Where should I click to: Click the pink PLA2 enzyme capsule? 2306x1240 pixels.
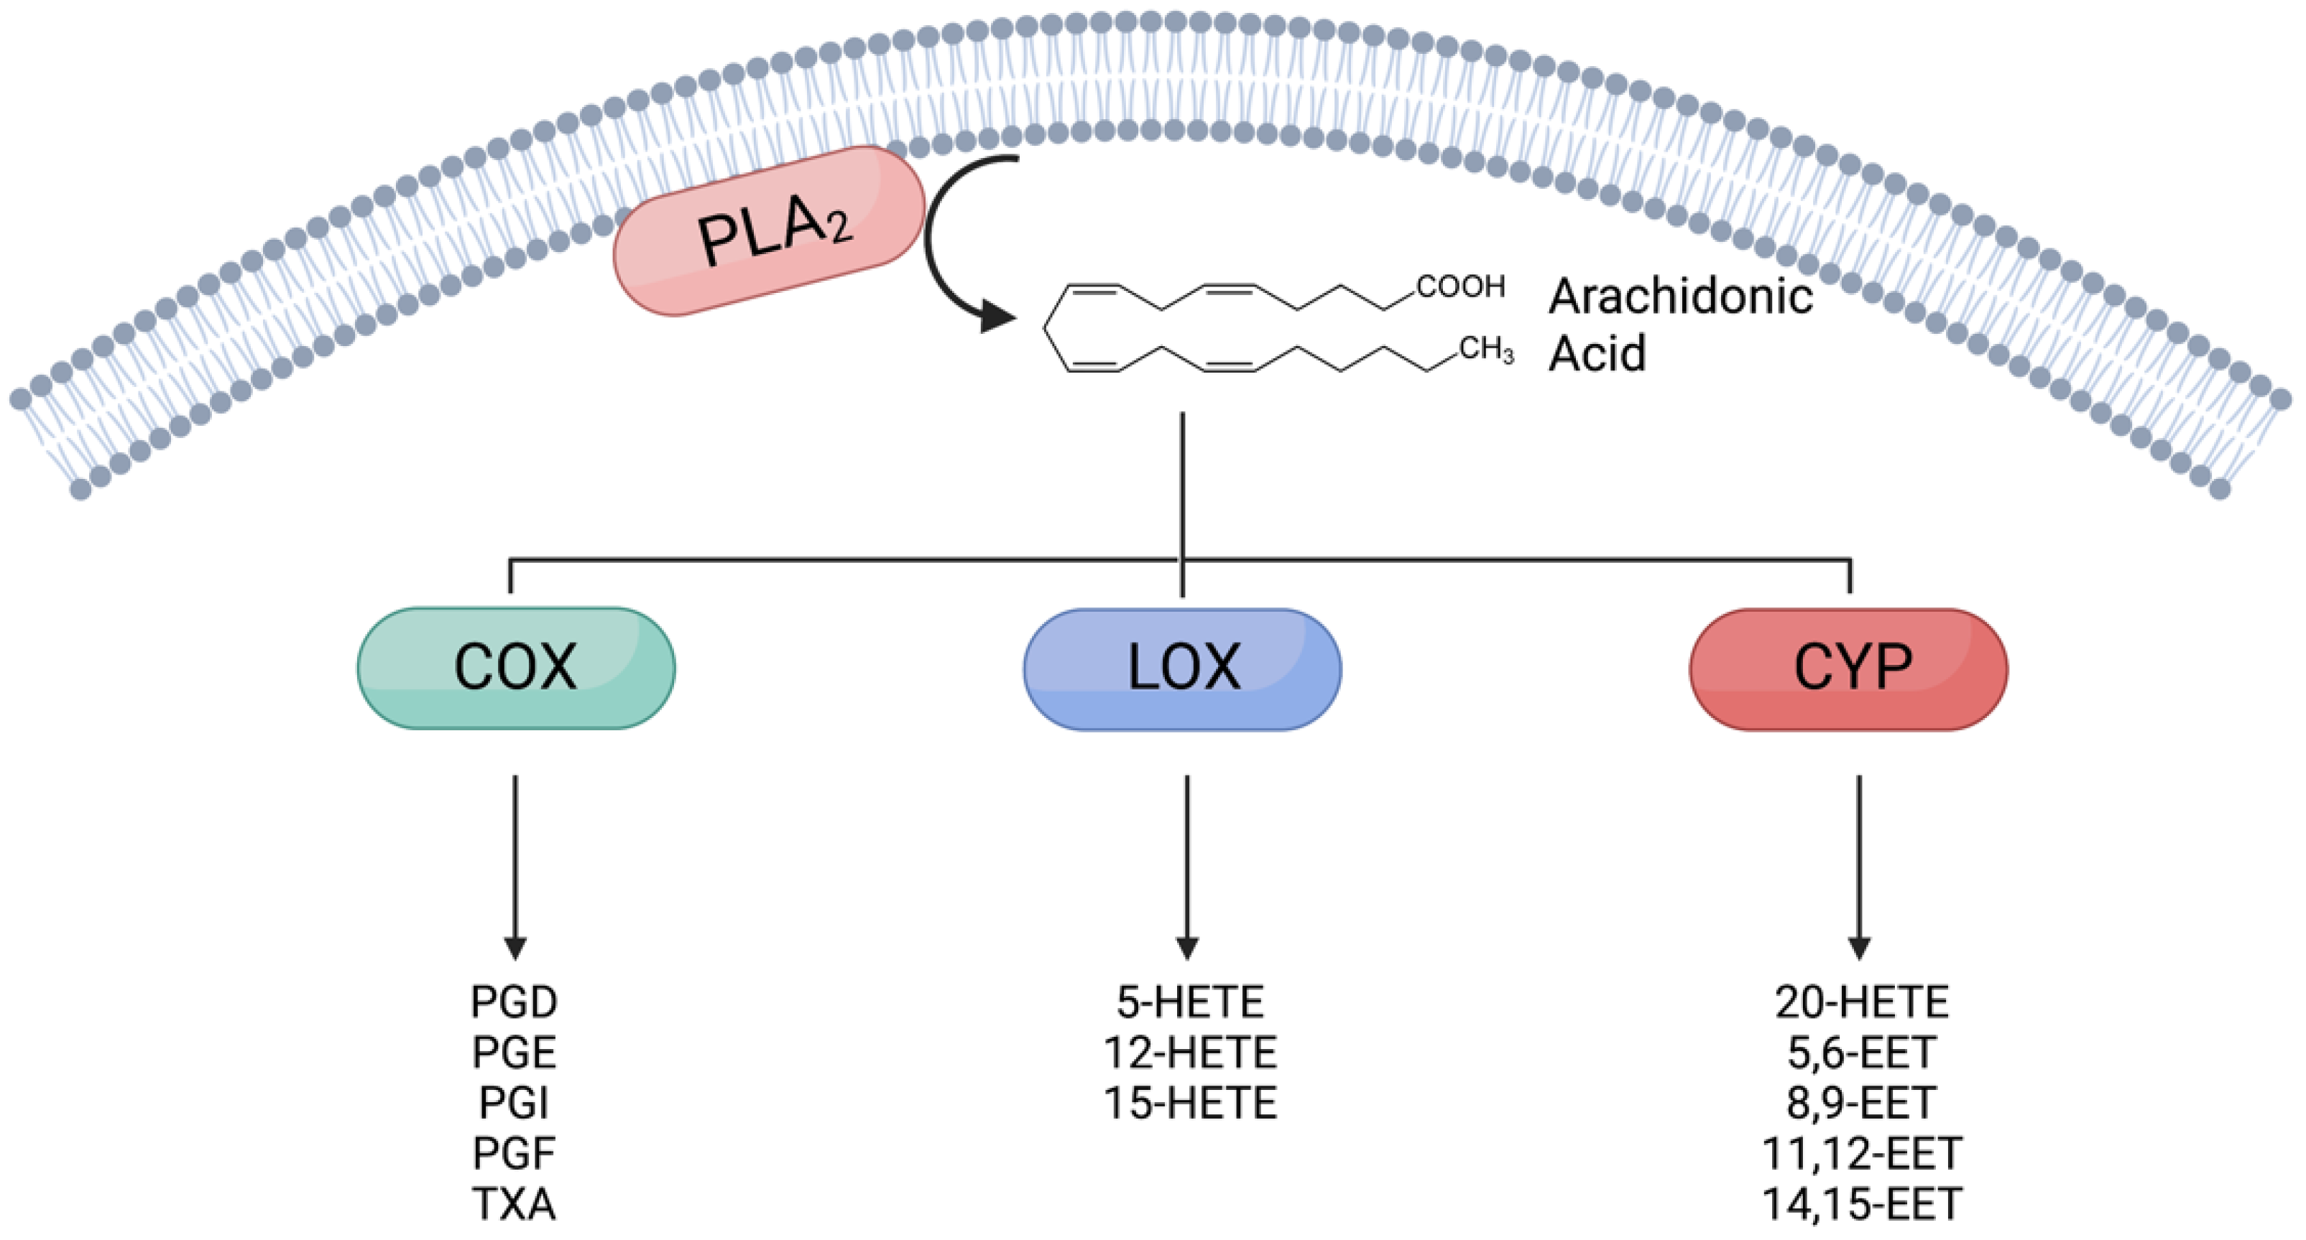click(769, 230)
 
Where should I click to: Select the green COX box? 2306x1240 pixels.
click(516, 668)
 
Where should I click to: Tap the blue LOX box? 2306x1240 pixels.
click(1183, 669)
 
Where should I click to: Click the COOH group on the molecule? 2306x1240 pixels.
click(1460, 286)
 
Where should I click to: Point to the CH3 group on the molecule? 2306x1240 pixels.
click(1486, 349)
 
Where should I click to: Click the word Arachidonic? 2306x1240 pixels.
click(1681, 295)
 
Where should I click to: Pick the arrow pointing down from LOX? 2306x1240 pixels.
click(1187, 867)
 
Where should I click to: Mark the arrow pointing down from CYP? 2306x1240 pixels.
click(1859, 867)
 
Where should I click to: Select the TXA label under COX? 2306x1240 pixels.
click(515, 1203)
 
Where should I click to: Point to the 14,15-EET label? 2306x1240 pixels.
click(1862, 1203)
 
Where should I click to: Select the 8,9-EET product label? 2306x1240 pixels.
click(1862, 1103)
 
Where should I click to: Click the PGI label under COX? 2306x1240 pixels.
click(514, 1103)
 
